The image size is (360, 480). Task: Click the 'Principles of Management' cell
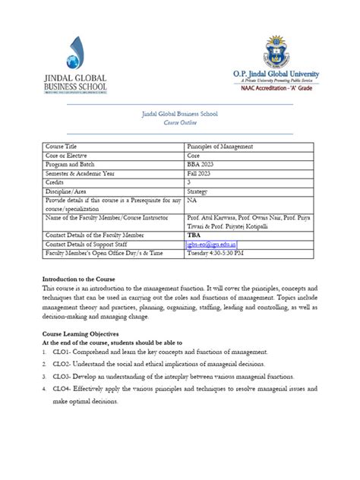coord(220,146)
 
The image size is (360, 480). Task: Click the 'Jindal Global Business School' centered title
coord(180,114)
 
